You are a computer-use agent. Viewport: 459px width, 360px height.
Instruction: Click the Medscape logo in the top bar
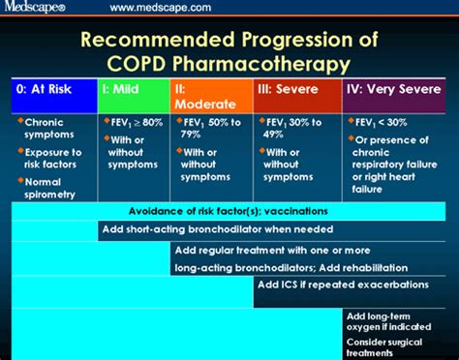(36, 8)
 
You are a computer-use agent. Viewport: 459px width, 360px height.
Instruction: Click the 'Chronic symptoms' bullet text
(47, 130)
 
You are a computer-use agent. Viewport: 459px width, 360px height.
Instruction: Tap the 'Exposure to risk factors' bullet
(53, 158)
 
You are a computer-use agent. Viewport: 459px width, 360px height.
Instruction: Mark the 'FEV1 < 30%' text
(387, 123)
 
